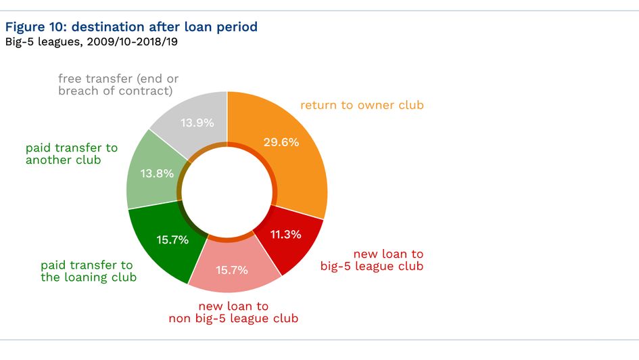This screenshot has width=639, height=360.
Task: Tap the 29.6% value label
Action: (281, 142)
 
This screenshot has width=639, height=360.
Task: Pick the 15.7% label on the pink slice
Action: (232, 270)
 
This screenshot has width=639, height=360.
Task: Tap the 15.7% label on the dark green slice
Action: (172, 240)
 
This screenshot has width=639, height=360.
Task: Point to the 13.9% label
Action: (197, 123)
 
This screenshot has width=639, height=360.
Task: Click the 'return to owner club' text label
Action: (362, 105)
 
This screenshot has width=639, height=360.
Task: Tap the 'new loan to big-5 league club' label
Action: (372, 260)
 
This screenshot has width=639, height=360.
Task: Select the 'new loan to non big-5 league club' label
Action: (233, 312)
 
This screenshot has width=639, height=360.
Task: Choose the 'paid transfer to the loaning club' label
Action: (88, 271)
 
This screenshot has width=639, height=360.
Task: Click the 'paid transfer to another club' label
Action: (71, 154)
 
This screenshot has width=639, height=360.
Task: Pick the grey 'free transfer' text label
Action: (118, 85)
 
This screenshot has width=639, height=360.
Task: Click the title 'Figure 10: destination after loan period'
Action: (131, 27)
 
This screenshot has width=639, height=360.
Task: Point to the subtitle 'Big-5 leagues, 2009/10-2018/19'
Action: (91, 42)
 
